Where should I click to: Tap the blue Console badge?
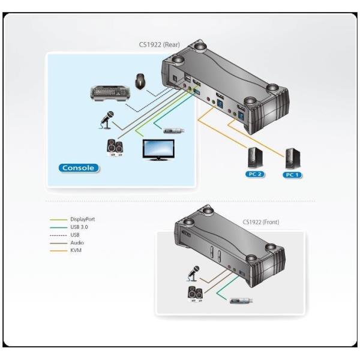click(78, 167)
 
